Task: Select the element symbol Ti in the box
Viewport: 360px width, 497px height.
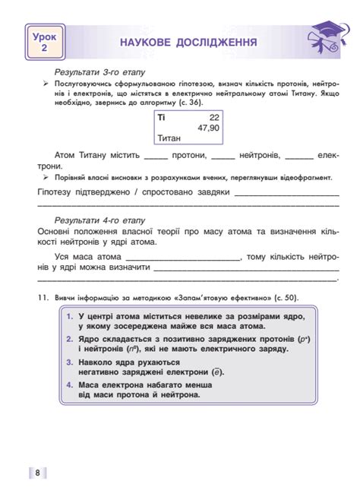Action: [161, 117]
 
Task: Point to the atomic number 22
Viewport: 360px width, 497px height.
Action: [213, 117]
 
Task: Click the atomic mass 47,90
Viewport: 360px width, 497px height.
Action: [207, 128]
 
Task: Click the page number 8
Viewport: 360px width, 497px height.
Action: [37, 473]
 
